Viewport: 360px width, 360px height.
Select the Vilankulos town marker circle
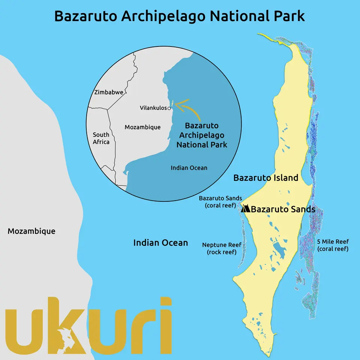[169, 108]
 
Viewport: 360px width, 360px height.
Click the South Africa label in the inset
[101, 138]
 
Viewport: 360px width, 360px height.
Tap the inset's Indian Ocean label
[189, 168]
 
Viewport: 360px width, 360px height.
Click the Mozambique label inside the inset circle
[142, 127]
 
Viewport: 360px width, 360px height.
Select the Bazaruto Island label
[265, 178]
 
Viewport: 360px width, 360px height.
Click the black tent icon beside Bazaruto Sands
[246, 209]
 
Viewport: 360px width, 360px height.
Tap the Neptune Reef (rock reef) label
[222, 248]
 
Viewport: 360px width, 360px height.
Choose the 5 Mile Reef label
[333, 245]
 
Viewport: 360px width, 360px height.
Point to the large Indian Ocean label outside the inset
[160, 243]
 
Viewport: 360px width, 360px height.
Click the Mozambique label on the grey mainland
[31, 231]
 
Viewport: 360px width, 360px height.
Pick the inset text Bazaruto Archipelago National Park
[202, 135]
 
